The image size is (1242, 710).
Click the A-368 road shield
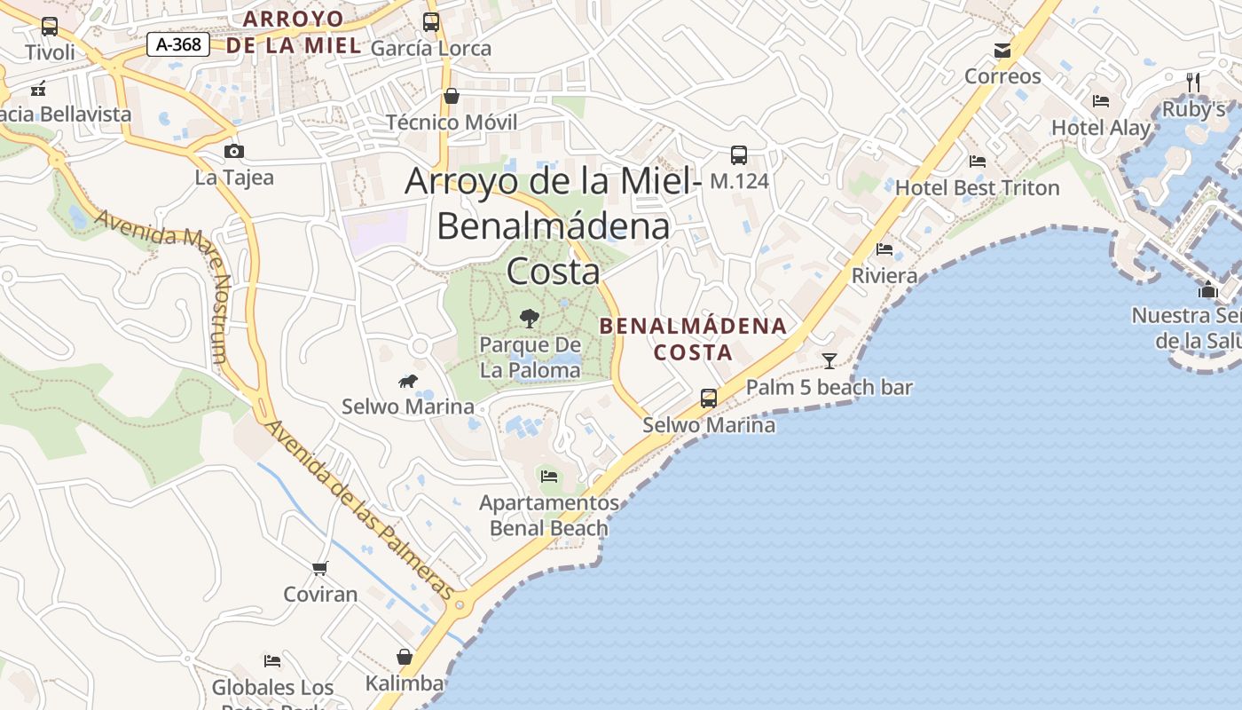[178, 43]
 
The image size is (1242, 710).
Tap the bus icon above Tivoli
[50, 27]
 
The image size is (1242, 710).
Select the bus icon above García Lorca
[431, 22]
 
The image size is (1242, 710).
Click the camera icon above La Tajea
[234, 151]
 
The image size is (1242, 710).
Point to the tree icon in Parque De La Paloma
[530, 318]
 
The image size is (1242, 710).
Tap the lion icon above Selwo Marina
[408, 381]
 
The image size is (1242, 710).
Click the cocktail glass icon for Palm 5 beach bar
[829, 360]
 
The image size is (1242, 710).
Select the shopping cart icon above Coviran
[319, 567]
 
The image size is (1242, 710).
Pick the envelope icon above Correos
[1002, 50]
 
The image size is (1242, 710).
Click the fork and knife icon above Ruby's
[1193, 83]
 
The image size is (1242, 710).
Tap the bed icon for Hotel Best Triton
[978, 162]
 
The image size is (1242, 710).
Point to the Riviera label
[884, 275]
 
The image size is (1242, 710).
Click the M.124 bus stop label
[739, 181]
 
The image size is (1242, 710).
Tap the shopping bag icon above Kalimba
[405, 657]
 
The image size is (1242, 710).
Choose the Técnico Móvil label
[452, 122]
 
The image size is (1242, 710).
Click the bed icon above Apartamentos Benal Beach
[549, 477]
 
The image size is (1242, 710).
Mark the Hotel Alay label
[1100, 127]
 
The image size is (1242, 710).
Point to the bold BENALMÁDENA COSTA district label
[693, 338]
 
